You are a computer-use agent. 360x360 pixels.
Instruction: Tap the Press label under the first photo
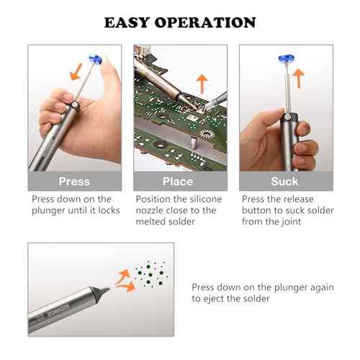click(x=74, y=181)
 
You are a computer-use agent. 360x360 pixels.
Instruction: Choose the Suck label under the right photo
click(x=284, y=181)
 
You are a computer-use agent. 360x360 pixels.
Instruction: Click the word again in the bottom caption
click(x=320, y=287)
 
